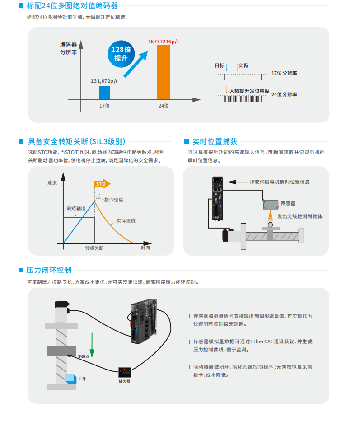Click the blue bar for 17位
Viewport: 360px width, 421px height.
point(104,93)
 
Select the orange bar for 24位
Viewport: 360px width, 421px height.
point(164,72)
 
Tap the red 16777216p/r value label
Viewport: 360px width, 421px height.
point(164,42)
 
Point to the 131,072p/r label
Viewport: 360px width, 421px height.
point(104,81)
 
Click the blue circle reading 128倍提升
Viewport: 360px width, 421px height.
point(121,54)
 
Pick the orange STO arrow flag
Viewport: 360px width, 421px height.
point(102,184)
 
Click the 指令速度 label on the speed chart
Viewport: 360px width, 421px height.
point(114,200)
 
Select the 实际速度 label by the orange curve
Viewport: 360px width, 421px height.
point(126,221)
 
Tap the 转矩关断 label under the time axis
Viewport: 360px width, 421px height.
point(94,248)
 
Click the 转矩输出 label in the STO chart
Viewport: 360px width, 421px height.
point(76,208)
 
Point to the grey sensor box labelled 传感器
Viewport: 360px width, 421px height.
point(271,205)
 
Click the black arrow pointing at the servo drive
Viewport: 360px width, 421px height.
point(238,182)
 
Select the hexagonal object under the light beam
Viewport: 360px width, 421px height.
point(270,225)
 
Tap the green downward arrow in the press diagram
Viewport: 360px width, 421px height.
point(92,345)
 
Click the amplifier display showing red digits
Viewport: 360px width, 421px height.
point(125,372)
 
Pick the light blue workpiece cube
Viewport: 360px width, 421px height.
point(71,379)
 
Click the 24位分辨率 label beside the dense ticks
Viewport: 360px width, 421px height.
point(284,94)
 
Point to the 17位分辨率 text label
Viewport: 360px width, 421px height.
point(284,73)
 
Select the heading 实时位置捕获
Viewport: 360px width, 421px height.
point(215,141)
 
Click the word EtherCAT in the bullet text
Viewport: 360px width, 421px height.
point(262,341)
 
